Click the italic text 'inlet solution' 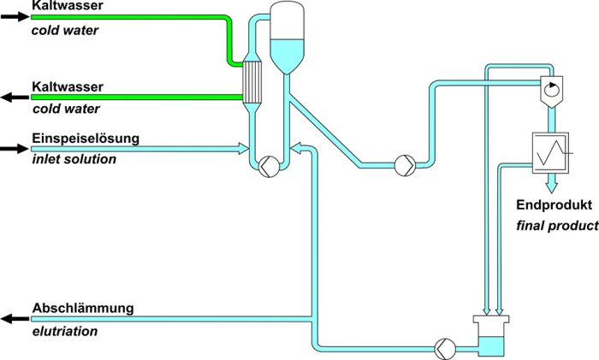[74, 158]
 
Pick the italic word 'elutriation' [64, 328]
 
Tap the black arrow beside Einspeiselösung [14, 149]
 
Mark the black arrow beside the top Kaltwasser [14, 15]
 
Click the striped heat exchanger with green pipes [252, 81]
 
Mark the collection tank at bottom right [491, 339]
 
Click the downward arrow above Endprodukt [551, 182]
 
